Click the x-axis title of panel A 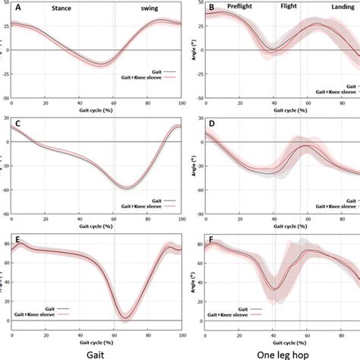(x=96, y=109)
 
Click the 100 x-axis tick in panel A (x=181, y=102)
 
